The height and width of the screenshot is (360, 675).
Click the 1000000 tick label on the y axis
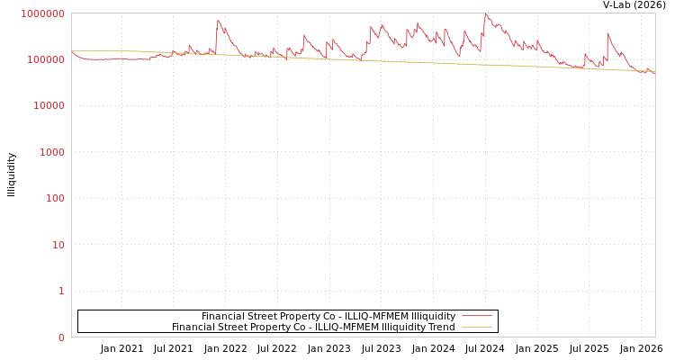[41, 13]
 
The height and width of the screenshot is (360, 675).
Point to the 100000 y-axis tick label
[44, 59]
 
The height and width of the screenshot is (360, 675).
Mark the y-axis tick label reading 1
[61, 291]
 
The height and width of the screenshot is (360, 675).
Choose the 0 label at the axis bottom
[61, 337]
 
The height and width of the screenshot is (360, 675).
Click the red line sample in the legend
[476, 316]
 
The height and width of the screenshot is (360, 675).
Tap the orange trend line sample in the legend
[476, 327]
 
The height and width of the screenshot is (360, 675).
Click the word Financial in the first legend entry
[222, 316]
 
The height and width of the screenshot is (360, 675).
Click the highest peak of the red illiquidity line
[486, 13]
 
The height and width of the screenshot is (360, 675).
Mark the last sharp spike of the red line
[607, 33]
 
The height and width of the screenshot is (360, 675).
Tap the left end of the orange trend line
[72, 50]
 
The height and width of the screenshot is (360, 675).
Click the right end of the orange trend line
[654, 72]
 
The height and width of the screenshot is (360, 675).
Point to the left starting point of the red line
[72, 52]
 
